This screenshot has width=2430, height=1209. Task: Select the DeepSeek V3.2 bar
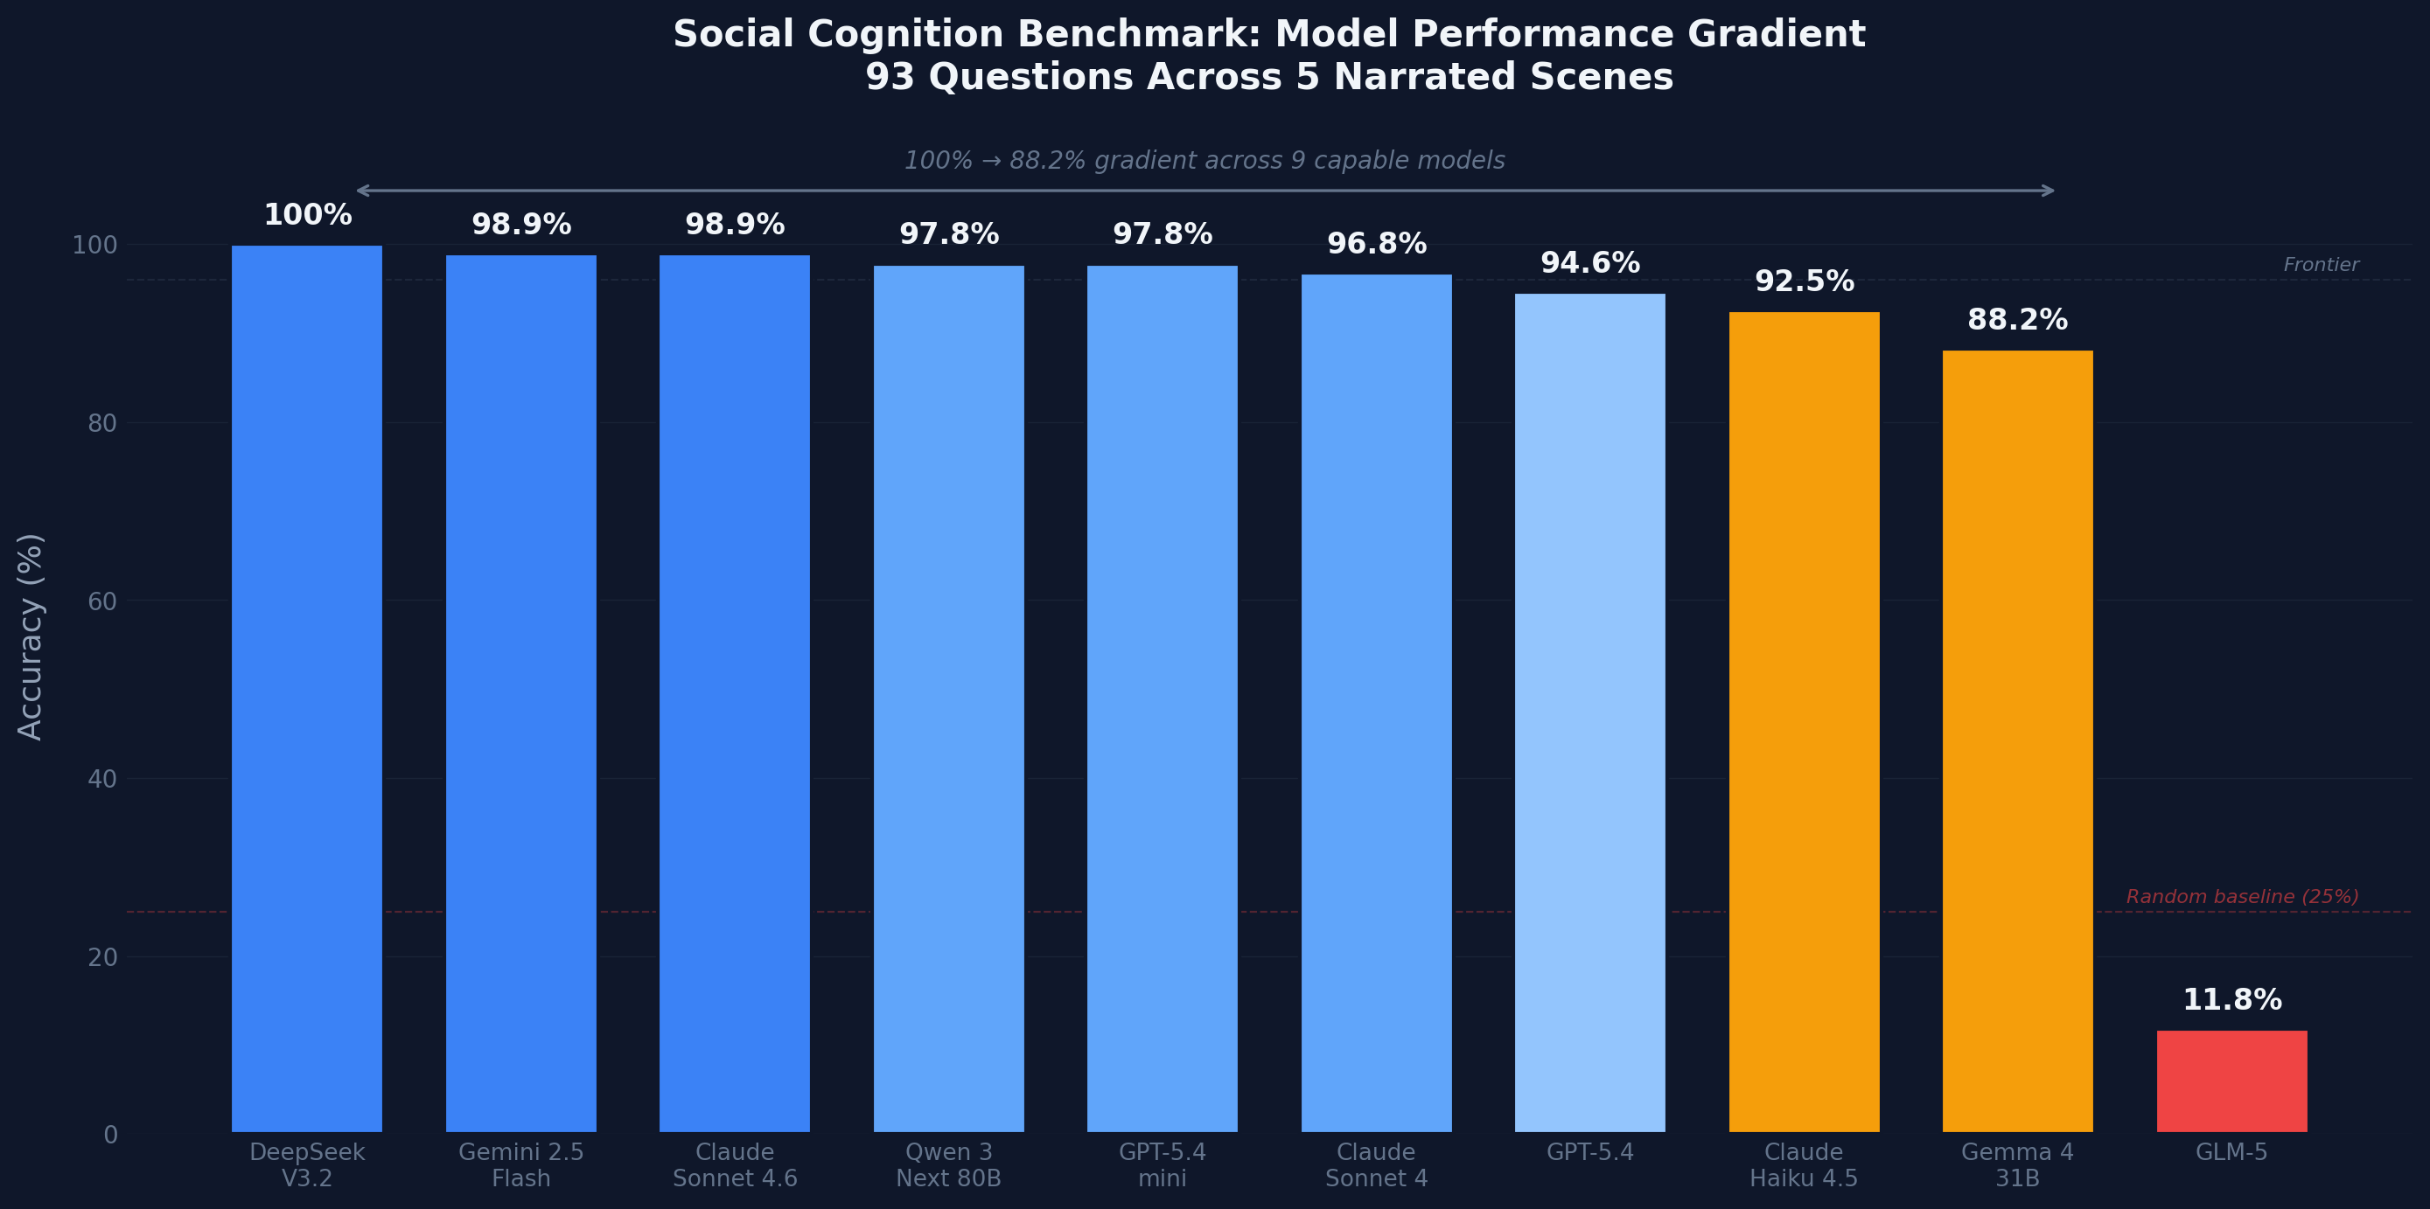point(306,689)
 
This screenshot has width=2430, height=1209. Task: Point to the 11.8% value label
point(2232,1000)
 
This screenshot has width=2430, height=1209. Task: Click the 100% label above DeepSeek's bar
point(308,215)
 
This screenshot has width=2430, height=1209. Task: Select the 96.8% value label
point(1376,243)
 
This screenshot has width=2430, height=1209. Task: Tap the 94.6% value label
point(1589,262)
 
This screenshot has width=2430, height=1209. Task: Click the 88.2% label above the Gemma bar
point(2017,320)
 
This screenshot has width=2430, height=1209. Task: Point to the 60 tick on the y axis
point(101,601)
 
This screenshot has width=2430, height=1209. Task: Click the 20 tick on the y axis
point(101,957)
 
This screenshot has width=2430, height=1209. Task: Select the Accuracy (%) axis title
point(31,636)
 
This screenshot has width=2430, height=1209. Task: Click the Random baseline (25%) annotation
point(2241,897)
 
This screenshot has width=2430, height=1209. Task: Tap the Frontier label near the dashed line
point(2321,265)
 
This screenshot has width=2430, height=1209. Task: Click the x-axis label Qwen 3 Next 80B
point(948,1164)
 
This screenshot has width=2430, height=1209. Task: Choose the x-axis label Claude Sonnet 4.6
point(735,1164)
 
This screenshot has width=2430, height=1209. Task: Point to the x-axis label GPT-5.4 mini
point(1163,1164)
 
